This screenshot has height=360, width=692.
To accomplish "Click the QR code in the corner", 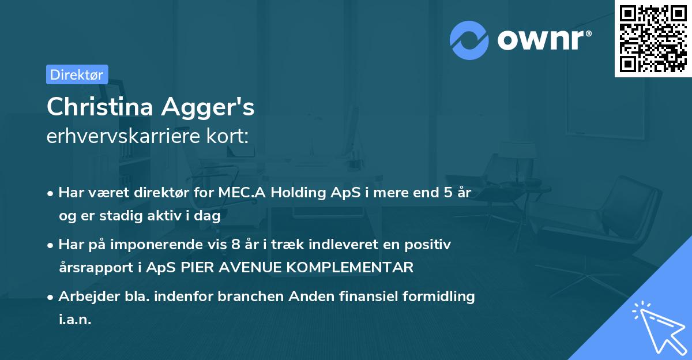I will (653, 38).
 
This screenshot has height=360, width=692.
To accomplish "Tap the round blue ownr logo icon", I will (469, 40).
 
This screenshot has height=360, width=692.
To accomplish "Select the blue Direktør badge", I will (77, 74).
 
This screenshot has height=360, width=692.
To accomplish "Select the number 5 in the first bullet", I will (447, 193).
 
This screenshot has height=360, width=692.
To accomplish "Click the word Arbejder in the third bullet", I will (85, 297).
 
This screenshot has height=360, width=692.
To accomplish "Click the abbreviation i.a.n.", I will (75, 320).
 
